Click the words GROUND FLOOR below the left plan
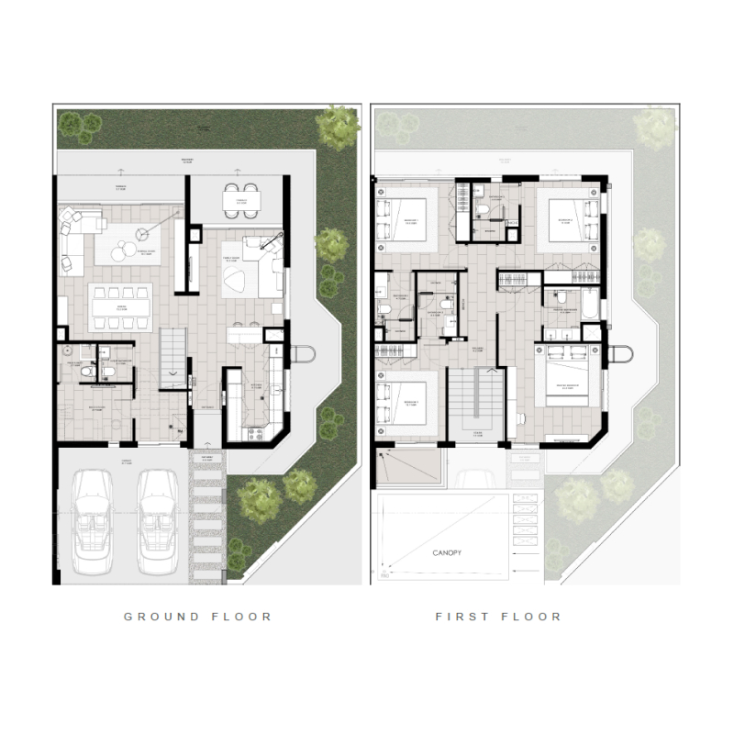coord(198,617)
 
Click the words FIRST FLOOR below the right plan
coord(498,617)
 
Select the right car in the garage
coord(158,522)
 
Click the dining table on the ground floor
coord(121,301)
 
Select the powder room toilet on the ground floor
coord(68,352)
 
